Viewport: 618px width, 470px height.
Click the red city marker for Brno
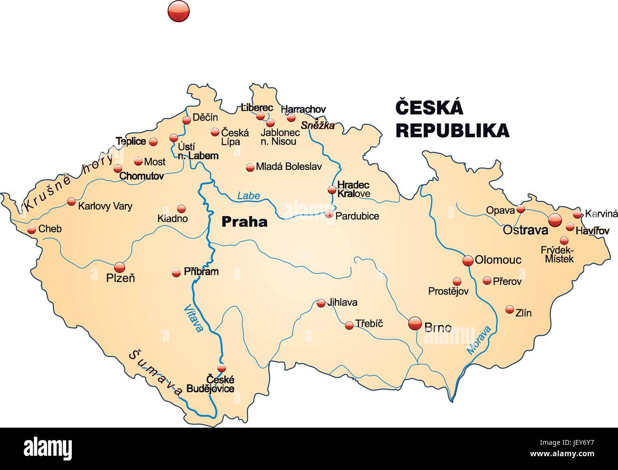click(x=415, y=323)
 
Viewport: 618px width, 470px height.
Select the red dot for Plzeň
click(x=119, y=267)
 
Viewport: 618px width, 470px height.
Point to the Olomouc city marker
click(x=468, y=260)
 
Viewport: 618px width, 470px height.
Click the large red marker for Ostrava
click(x=555, y=220)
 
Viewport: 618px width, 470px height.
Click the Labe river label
click(x=249, y=196)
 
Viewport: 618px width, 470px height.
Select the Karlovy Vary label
click(x=105, y=206)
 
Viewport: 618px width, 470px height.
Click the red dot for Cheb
click(x=31, y=230)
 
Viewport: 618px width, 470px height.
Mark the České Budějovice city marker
click(x=221, y=368)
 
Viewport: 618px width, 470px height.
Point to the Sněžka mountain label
click(x=318, y=126)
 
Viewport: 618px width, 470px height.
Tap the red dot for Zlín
click(x=510, y=309)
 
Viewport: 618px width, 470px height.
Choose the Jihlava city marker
click(x=321, y=303)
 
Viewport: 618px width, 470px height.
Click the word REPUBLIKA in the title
click(x=452, y=130)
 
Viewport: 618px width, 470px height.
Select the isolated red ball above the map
click(x=179, y=10)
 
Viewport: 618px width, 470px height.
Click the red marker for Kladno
click(x=181, y=208)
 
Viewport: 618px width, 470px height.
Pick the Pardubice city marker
click(x=329, y=215)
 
